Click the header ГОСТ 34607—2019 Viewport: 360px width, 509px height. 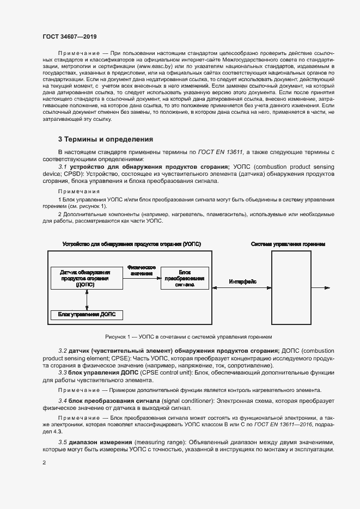69,36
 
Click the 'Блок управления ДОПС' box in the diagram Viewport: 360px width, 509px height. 87,315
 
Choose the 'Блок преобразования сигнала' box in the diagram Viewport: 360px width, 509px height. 184,278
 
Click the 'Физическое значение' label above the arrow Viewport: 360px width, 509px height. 142,270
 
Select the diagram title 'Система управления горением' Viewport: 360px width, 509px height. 288,244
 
